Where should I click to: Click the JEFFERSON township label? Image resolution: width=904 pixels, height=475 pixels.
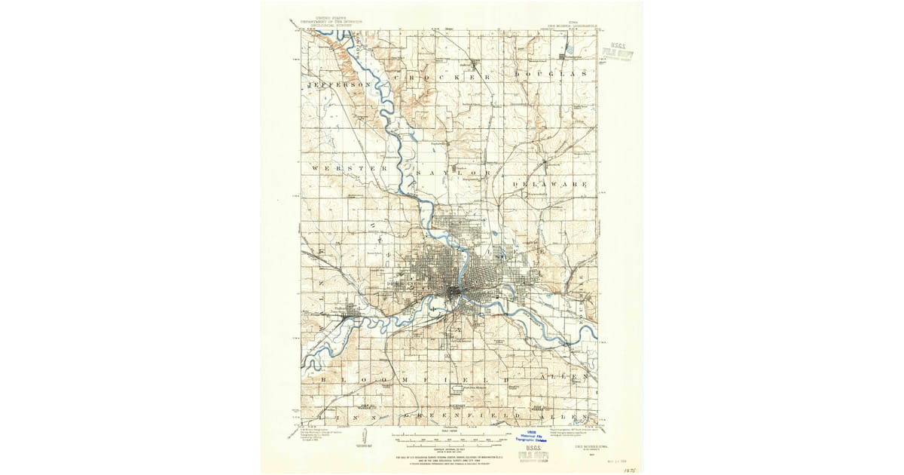coord(340,85)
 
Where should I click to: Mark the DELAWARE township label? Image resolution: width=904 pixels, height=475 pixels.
coord(549,183)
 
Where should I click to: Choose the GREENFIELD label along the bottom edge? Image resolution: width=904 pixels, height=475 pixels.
coord(461,415)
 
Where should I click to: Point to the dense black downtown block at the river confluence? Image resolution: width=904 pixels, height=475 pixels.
coord(455,291)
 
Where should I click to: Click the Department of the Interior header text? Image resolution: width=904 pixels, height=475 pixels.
coord(328,19)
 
